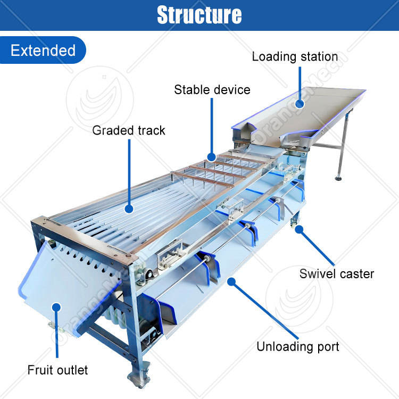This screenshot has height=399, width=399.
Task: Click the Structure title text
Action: [199, 15]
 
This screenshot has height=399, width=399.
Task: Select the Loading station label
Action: [295, 56]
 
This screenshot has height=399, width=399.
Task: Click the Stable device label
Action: [212, 89]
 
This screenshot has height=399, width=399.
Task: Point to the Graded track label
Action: [129, 130]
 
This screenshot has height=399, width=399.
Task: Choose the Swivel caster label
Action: [336, 274]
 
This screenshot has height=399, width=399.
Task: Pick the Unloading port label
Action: [297, 347]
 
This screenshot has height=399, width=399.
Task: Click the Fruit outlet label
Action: [58, 369]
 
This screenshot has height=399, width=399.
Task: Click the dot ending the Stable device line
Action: [212, 157]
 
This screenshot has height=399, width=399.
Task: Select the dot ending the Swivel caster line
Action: [300, 229]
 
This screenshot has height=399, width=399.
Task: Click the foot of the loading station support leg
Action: [339, 177]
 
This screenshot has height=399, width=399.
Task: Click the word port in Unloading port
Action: [327, 347]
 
